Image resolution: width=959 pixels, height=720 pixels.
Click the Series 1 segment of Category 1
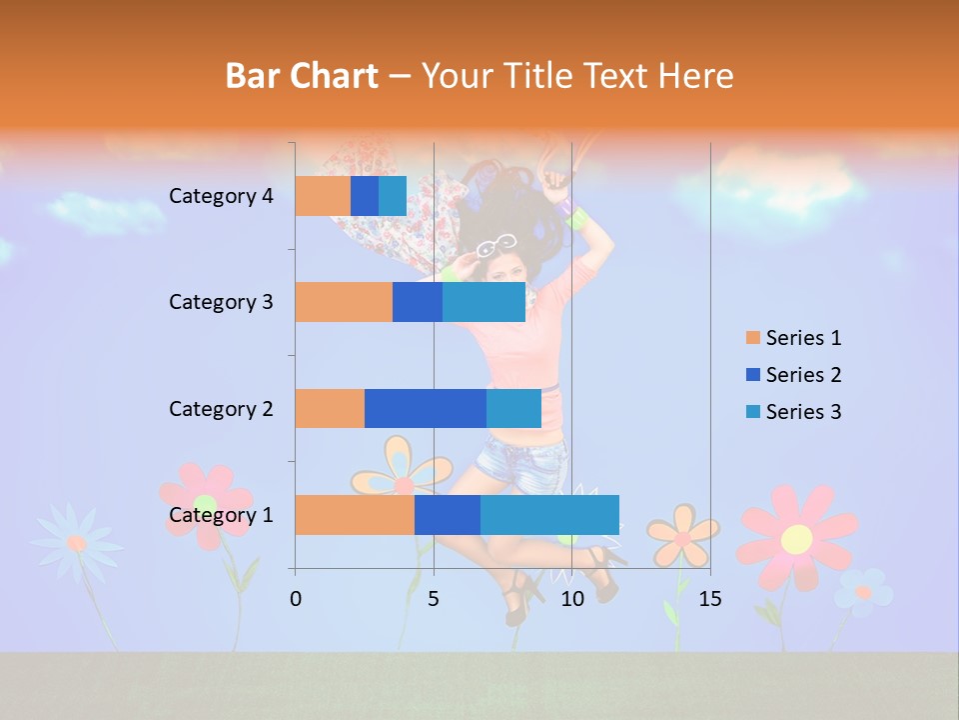355,515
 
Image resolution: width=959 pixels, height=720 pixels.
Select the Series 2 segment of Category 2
426,408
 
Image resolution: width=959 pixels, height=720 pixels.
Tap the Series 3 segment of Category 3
483,302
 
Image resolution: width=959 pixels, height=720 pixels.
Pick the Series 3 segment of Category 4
393,196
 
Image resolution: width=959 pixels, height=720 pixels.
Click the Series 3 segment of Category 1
549,515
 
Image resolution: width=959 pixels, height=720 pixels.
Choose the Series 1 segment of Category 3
344,302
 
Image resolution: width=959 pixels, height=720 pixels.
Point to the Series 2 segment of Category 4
365,196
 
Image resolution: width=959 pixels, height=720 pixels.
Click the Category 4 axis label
221,196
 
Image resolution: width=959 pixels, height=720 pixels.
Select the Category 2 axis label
221,408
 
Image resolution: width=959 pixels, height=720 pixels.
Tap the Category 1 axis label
221,515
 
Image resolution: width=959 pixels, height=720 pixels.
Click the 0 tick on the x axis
296,599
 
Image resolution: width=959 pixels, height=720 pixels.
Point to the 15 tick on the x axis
709,599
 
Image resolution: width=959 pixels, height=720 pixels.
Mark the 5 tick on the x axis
434,599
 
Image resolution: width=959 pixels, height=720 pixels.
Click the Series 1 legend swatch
752,338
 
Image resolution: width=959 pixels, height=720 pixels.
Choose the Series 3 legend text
803,412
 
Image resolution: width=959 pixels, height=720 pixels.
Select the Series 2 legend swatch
752,375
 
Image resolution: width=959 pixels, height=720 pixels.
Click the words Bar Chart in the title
302,76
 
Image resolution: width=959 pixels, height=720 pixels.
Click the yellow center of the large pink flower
796,539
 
